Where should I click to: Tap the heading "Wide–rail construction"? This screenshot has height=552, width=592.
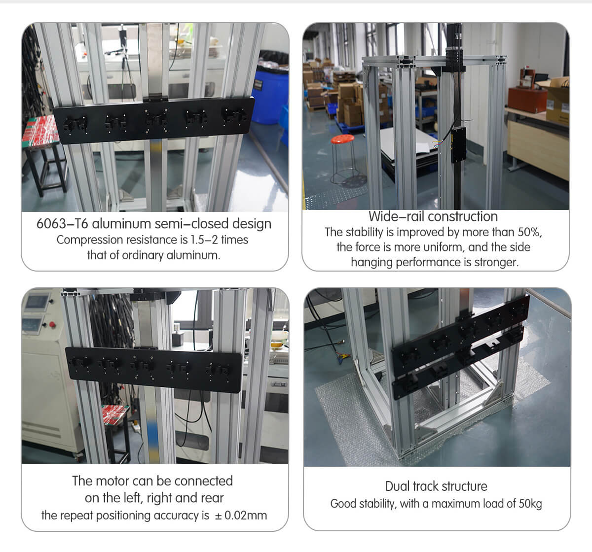tap(433, 216)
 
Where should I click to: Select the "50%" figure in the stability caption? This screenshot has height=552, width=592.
tap(529, 232)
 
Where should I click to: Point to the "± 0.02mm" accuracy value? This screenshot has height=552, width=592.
tap(241, 516)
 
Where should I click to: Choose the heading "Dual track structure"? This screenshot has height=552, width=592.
tap(436, 486)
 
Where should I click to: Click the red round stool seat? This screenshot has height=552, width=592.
tap(342, 139)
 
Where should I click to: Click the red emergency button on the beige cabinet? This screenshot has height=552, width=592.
tap(52, 324)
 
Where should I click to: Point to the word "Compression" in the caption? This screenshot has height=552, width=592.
tap(89, 240)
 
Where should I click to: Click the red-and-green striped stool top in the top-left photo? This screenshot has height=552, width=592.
tap(40, 131)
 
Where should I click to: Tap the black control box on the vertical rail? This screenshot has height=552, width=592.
tap(458, 144)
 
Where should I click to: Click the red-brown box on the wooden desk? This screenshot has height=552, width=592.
tap(527, 100)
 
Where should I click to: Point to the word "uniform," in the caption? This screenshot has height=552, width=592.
tap(444, 247)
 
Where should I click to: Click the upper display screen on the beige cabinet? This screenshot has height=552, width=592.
tap(36, 302)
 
